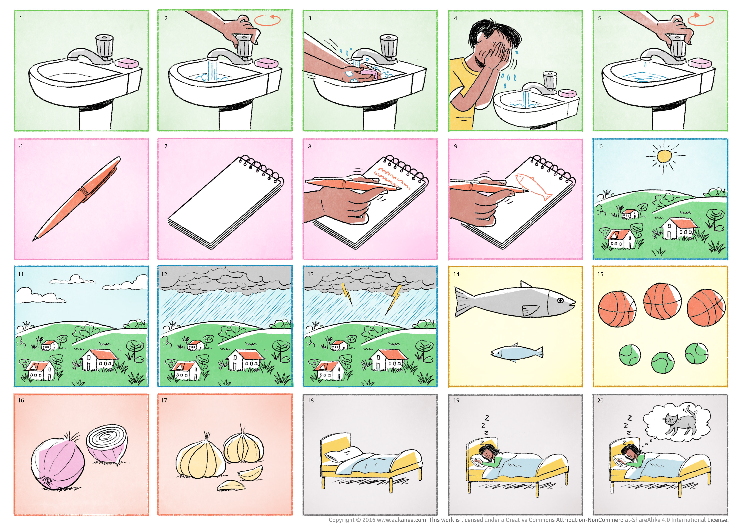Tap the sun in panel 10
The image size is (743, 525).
tap(664, 156)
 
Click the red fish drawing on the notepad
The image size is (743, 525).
tap(534, 186)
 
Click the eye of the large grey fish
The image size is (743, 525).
tap(560, 301)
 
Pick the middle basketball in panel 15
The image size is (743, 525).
tap(662, 301)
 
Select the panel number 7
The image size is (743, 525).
tap(166, 146)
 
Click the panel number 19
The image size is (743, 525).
tap(456, 401)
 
